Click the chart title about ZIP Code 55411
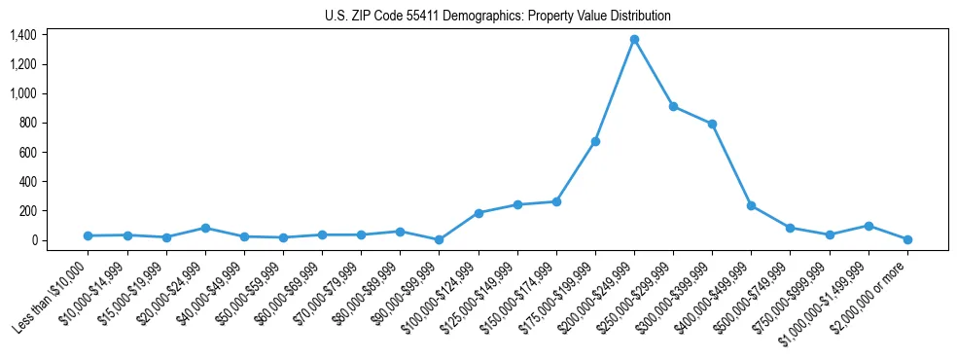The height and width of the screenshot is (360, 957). (497, 16)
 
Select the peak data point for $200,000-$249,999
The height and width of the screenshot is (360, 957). (634, 40)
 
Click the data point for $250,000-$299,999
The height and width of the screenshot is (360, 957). (673, 107)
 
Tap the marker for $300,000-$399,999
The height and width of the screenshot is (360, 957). (712, 124)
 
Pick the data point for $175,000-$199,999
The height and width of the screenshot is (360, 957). (595, 142)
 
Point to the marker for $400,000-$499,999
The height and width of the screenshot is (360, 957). (751, 205)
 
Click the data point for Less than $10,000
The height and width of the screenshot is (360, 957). (89, 235)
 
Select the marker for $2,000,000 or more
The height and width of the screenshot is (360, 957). (906, 239)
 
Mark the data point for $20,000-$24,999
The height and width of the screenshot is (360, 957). (205, 228)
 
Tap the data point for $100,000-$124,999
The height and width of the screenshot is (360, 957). (478, 213)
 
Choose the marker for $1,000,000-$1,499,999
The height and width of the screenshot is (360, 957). (868, 226)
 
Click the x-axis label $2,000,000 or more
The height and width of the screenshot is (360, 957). (871, 297)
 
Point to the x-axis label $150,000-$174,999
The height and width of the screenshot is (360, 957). (520, 298)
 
